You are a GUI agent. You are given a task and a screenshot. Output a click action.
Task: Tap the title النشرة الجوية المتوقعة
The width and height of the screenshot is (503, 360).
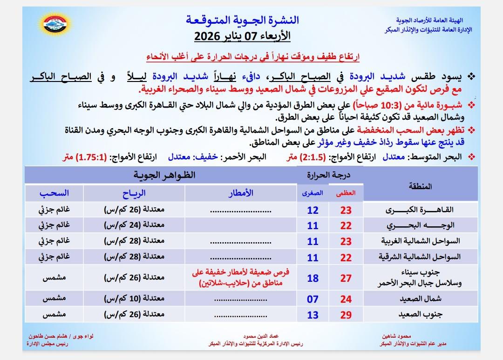click(x=243, y=20)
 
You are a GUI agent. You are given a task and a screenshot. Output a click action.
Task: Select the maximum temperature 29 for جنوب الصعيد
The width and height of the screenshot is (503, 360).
click(x=346, y=315)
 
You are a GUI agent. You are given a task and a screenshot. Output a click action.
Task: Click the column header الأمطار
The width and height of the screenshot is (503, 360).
click(x=242, y=193)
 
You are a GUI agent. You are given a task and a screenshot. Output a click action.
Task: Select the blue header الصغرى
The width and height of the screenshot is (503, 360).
click(x=313, y=196)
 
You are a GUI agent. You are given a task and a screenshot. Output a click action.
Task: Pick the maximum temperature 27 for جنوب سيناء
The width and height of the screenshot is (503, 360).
click(x=346, y=278)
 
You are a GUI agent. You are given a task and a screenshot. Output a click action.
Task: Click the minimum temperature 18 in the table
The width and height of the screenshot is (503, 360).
click(x=313, y=278)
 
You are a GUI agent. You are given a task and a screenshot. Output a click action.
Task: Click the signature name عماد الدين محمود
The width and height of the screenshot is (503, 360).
click(x=258, y=336)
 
